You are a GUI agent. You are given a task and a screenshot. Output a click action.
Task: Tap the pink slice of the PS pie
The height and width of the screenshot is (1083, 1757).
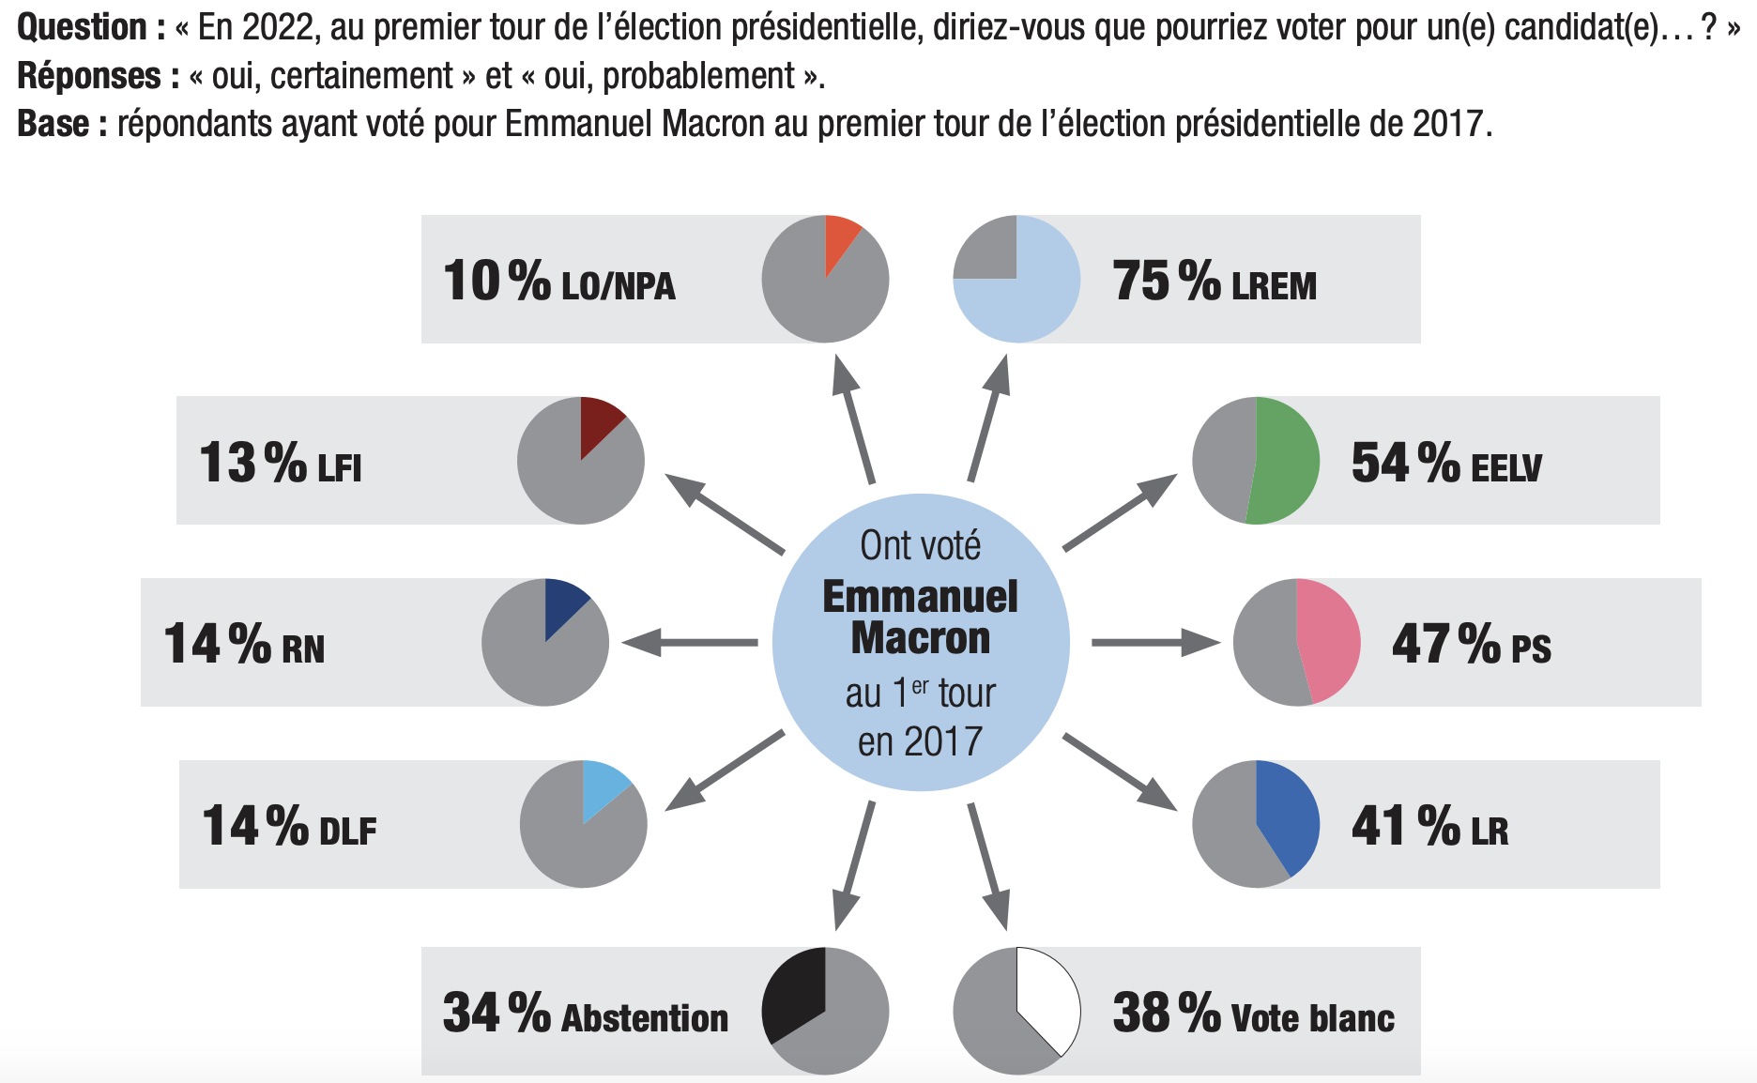point(1327,641)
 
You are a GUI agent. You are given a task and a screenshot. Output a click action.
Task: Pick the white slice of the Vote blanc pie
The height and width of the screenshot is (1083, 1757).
point(1047,999)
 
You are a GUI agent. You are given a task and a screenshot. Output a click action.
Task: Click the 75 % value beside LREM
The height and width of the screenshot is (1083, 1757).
point(1165,281)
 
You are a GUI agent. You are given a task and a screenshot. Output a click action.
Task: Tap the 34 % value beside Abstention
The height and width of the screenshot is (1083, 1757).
point(496,1014)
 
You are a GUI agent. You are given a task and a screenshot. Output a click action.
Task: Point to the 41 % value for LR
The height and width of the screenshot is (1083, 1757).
point(1404,826)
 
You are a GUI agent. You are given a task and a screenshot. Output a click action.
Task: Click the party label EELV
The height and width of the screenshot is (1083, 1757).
point(1505,467)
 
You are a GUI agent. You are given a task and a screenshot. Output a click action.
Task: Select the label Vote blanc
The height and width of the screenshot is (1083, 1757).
point(1311,1018)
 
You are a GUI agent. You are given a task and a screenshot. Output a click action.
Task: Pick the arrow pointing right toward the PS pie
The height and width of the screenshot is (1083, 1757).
point(1154,643)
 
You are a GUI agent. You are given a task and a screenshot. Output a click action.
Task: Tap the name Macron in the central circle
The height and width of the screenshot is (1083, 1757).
point(920,639)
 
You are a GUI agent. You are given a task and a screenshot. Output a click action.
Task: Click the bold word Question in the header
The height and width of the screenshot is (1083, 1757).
point(83,27)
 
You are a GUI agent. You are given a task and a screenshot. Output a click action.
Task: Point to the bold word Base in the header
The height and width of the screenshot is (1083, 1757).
point(53,124)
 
